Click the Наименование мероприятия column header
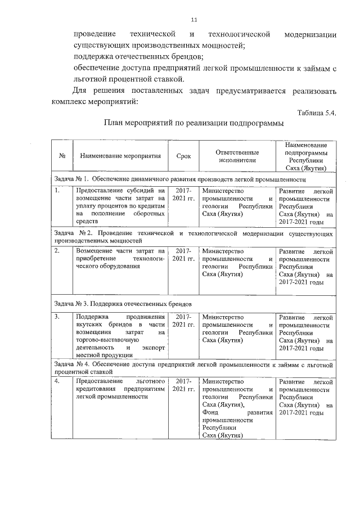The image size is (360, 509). click(120, 156)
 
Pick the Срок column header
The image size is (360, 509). click(183, 156)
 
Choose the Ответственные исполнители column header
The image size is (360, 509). click(237, 156)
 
